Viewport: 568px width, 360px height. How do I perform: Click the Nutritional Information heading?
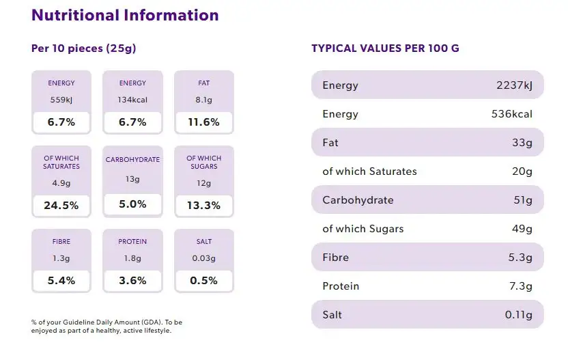click(125, 15)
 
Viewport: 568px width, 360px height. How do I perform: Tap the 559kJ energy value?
click(61, 100)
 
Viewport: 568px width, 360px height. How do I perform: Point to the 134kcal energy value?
click(132, 100)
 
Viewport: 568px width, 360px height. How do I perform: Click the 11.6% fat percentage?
click(204, 122)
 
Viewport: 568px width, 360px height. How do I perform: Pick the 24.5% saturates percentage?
click(61, 205)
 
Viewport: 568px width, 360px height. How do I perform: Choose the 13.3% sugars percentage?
click(204, 205)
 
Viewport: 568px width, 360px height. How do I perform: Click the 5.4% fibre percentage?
click(61, 280)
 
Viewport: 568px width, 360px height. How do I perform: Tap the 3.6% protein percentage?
click(132, 280)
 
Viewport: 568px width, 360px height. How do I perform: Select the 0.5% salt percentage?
click(204, 280)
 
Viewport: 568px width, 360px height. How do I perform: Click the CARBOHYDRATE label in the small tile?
click(132, 160)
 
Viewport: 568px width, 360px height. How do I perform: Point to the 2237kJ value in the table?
click(514, 85)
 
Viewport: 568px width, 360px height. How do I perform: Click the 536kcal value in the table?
click(512, 114)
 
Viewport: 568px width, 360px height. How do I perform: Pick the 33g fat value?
click(522, 143)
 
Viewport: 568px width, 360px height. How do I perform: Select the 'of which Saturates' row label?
click(369, 171)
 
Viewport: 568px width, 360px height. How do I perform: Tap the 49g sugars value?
click(522, 229)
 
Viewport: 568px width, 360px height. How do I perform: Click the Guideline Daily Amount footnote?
click(106, 326)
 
